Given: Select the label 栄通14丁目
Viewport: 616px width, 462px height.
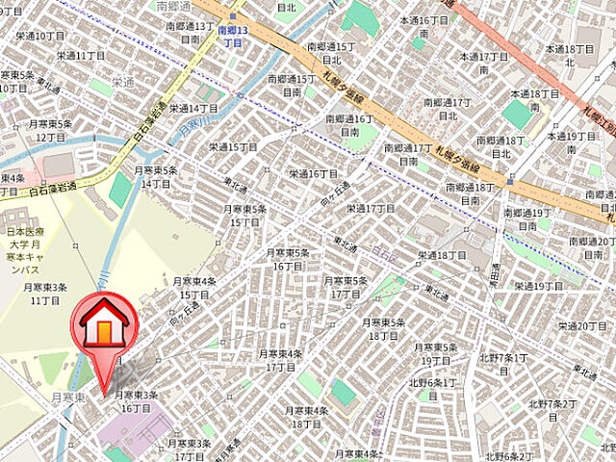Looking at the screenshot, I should pos(193,108).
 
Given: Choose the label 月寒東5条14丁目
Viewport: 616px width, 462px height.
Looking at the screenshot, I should pos(157,177).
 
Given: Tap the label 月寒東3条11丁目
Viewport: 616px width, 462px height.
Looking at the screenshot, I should pos(44,294).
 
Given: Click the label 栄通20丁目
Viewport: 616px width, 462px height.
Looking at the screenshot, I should pos(578,326).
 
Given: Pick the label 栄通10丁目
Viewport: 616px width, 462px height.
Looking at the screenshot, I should pos(40,35).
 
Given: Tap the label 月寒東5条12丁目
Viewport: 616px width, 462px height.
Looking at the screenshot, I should pos(50,131).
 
